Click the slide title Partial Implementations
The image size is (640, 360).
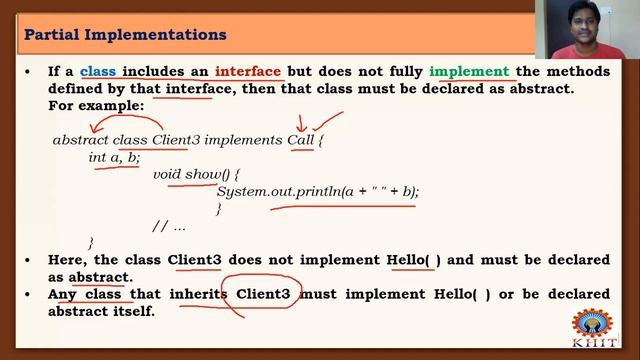pos(125,35)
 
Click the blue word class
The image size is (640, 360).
pos(99,72)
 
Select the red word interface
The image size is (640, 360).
pos(248,72)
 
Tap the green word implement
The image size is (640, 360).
pos(470,72)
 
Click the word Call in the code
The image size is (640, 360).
pos(301,140)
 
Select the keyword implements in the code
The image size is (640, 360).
pos(243,140)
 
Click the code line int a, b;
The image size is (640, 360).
pos(114,157)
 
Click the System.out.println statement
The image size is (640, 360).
pos(318,191)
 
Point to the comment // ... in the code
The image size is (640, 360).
pos(169,225)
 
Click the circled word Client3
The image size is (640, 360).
pos(263,294)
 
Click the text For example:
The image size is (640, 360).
pos(96,105)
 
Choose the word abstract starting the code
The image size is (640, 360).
pos(80,140)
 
